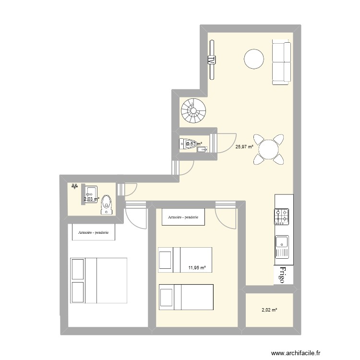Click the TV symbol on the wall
pyautogui.click(x=211, y=60)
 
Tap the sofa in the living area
pyautogui.click(x=281, y=62)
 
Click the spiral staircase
pyautogui.click(x=193, y=111)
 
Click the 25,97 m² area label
pyautogui.click(x=244, y=147)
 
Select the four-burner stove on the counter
pyautogui.click(x=282, y=216)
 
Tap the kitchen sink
pyautogui.click(x=282, y=246)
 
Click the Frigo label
pyautogui.click(x=282, y=275)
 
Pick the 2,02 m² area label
pyautogui.click(x=270, y=310)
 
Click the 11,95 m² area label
pyautogui.click(x=197, y=268)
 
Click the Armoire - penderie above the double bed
pyautogui.click(x=94, y=233)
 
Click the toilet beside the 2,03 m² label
pyautogui.click(x=107, y=204)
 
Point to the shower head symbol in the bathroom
pyautogui.click(x=75, y=185)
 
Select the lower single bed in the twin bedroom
pyautogui.click(x=185, y=298)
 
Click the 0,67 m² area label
pyautogui.click(x=194, y=144)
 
